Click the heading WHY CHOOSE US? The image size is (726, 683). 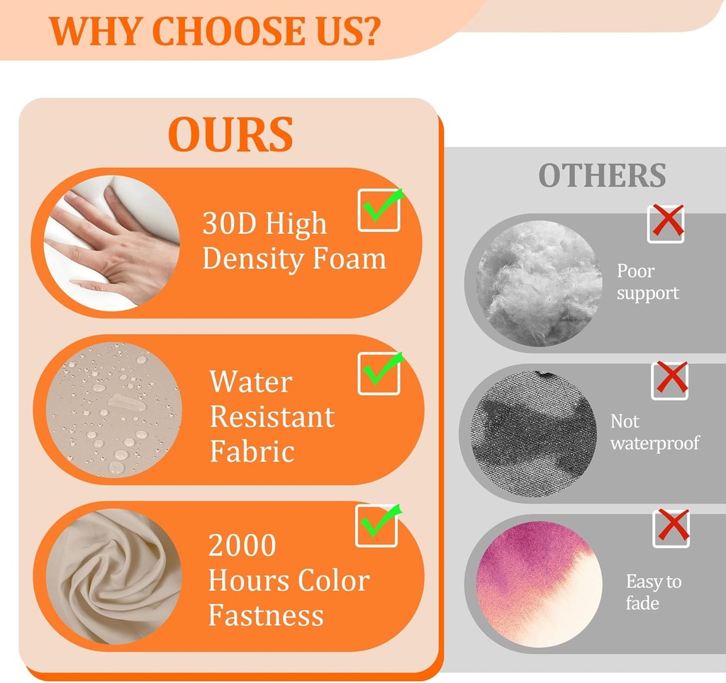[x=214, y=31]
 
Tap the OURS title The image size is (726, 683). [x=230, y=134]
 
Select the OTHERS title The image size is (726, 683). [x=602, y=175]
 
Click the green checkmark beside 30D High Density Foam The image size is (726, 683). [x=382, y=206]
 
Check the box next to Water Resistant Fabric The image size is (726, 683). [x=379, y=373]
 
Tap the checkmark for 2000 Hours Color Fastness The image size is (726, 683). [x=377, y=525]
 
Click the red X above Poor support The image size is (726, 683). [x=666, y=222]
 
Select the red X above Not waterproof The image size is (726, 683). [x=671, y=378]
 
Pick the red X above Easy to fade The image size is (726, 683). [x=672, y=526]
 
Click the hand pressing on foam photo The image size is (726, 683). [x=111, y=243]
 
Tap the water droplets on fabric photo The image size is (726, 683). [x=113, y=410]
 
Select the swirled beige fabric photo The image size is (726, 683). [x=113, y=577]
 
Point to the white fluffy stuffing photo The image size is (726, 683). [x=540, y=284]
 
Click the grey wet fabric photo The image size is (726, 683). [x=534, y=434]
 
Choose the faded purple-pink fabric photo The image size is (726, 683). [x=540, y=584]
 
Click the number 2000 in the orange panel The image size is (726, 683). [x=242, y=545]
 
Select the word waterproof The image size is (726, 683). [x=654, y=443]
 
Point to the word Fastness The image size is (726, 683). [x=266, y=616]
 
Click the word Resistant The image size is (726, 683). [x=272, y=417]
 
